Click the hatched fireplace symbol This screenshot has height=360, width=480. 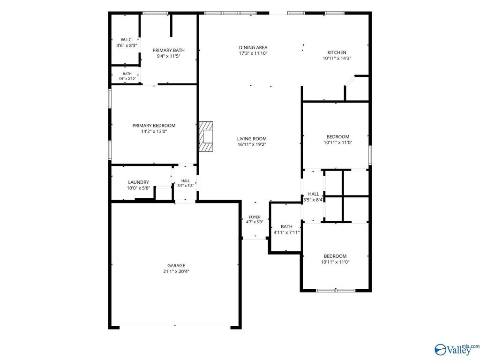point(206,136)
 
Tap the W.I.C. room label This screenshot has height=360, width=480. point(127,40)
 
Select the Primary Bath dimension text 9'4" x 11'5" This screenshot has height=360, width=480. point(168,56)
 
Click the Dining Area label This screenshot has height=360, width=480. point(253,47)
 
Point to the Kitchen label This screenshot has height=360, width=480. point(337,52)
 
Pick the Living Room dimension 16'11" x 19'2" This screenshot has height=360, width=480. point(252,144)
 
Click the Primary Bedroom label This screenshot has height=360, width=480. point(154,126)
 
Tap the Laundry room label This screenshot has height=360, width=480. point(139,182)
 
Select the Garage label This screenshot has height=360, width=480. point(176,266)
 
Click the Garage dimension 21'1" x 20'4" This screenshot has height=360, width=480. point(176,271)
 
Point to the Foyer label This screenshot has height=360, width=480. point(255,217)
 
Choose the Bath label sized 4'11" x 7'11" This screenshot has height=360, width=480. point(286,227)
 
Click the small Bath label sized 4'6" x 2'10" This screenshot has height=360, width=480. point(127,74)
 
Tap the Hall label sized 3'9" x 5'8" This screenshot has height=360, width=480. point(186,181)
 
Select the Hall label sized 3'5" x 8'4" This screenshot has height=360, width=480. point(314,194)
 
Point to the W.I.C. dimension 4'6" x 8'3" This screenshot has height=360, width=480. point(127,45)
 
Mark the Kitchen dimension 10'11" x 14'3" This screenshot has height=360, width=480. point(337,58)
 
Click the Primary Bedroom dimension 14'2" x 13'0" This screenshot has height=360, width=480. point(154,131)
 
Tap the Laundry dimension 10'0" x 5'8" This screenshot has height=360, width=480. point(139,188)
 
